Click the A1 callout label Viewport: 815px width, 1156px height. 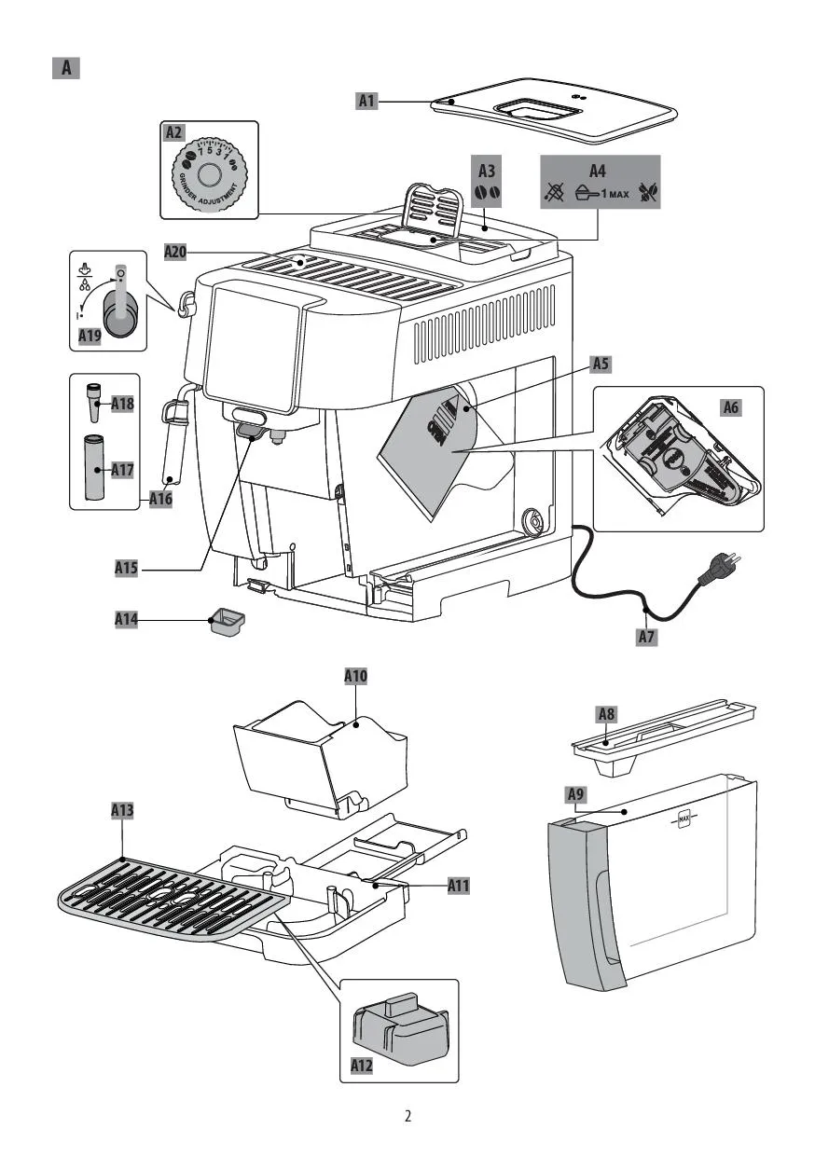[367, 101]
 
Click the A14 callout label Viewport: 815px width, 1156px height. [127, 618]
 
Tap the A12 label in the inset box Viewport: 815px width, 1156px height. [363, 1065]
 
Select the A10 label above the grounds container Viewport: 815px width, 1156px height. [355, 677]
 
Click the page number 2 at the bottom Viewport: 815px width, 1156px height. [407, 1116]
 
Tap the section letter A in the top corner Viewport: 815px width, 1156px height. [66, 68]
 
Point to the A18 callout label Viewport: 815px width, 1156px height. [123, 404]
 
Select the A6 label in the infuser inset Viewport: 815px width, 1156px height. [733, 406]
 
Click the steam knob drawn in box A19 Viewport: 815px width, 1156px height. [119, 308]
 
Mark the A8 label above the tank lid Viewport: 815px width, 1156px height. [606, 714]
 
